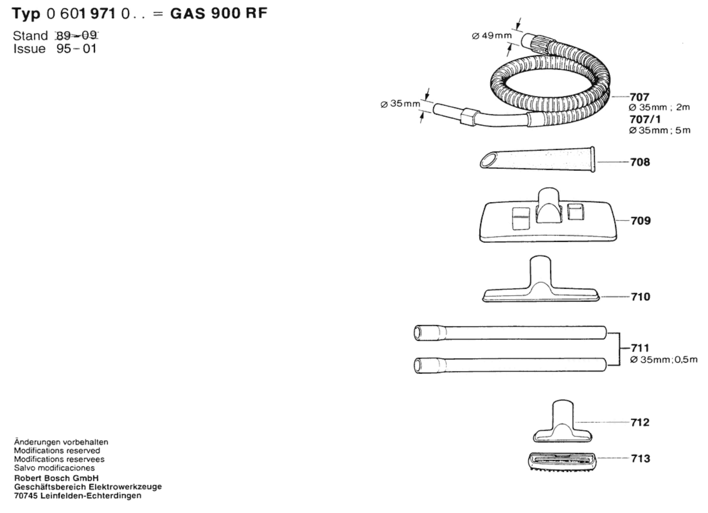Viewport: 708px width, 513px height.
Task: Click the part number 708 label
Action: click(640, 162)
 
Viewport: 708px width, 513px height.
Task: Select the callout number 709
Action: click(641, 221)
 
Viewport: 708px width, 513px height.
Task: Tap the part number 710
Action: click(641, 297)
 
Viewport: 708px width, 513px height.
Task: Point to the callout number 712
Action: click(640, 422)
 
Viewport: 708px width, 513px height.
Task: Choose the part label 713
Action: click(641, 459)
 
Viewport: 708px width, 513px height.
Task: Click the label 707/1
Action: click(645, 119)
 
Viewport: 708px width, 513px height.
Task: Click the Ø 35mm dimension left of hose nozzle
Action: click(401, 104)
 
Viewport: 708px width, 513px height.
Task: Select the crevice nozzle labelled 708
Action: click(537, 160)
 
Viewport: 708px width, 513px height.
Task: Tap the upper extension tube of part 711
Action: click(510, 333)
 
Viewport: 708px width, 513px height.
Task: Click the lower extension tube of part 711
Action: click(510, 365)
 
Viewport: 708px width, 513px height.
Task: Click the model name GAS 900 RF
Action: click(219, 13)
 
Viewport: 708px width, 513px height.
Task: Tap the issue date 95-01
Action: click(77, 49)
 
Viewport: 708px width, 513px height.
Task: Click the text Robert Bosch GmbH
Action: click(57, 478)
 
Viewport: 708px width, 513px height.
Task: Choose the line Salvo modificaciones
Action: click(54, 468)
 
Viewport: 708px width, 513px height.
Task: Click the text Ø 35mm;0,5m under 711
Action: click(664, 360)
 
